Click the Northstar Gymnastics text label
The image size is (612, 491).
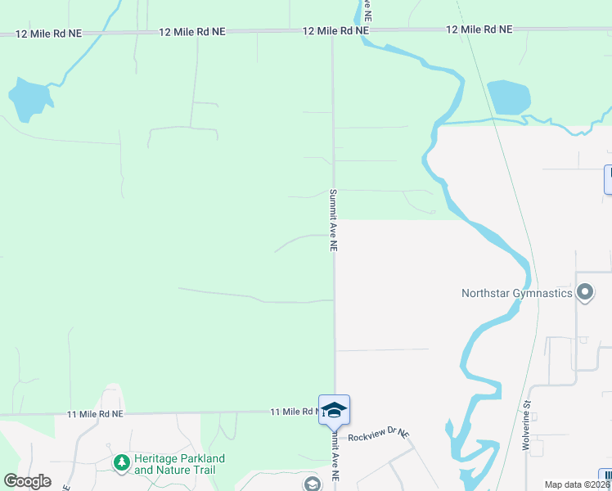pos(516,293)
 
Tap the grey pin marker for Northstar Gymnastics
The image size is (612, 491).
pos(584,292)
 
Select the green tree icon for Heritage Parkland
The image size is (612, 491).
pos(122,463)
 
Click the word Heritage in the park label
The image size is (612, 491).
pos(157,459)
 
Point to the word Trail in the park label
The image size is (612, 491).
pos(208,471)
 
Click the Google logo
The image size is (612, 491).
pos(27,481)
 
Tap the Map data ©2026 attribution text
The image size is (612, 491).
pos(577,484)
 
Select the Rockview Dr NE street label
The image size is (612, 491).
pos(377,437)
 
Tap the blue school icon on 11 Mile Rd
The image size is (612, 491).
pos(334,408)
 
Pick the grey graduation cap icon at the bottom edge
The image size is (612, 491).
pos(312,484)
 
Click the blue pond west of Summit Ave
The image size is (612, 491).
pos(29,98)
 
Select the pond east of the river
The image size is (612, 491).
pos(508,97)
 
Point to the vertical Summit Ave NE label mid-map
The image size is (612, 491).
pos(333,221)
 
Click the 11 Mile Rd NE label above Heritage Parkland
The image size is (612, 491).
pos(95,415)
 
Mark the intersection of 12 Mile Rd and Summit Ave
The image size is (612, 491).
pos(332,32)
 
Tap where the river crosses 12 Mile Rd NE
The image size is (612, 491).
pos(361,31)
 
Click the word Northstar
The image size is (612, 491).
pos(486,293)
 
